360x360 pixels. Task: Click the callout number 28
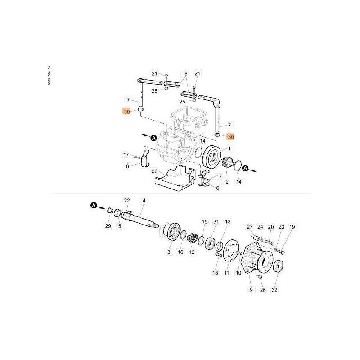(x=154, y=171)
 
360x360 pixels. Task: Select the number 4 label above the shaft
(x=144, y=201)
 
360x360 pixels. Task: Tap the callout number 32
(x=274, y=290)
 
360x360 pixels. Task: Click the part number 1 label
(x=229, y=149)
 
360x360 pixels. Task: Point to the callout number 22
(x=127, y=201)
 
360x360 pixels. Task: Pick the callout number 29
(x=108, y=226)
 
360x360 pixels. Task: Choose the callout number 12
(x=192, y=252)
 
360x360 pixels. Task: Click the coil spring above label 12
(x=192, y=238)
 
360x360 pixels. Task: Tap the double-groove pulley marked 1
(x=211, y=157)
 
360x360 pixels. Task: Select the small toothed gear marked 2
(x=227, y=162)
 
